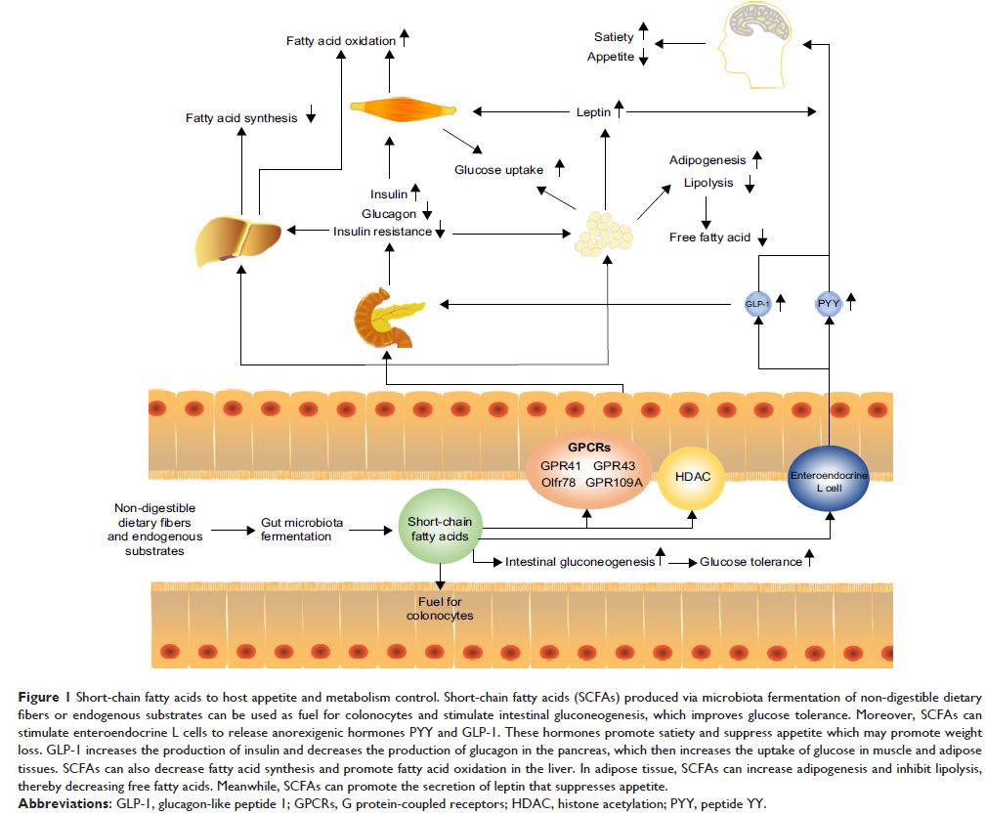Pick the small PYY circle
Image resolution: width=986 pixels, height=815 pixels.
[x=828, y=303]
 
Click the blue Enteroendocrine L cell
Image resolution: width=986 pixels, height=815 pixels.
[x=829, y=478]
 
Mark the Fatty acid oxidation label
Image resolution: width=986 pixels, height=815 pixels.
[x=341, y=41]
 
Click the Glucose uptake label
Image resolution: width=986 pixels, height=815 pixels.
[x=498, y=170]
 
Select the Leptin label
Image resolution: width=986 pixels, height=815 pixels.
[x=593, y=112]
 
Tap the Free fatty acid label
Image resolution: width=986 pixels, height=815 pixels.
[x=709, y=237]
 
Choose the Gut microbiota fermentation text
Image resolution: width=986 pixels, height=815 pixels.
[x=302, y=530]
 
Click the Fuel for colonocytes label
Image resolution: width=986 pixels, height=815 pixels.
[x=440, y=608]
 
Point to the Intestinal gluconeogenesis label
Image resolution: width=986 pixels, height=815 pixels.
[x=580, y=562]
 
